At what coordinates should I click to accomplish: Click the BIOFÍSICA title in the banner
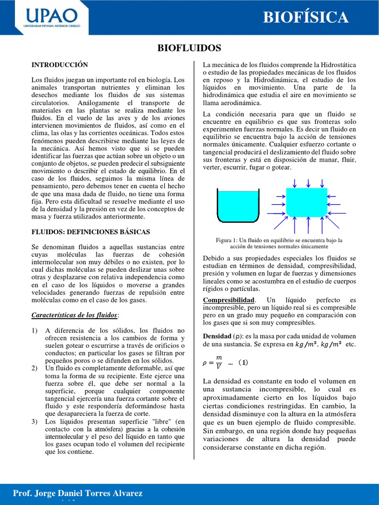click(305, 17)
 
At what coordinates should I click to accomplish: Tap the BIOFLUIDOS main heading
click(189, 48)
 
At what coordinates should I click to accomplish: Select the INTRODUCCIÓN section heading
click(60, 65)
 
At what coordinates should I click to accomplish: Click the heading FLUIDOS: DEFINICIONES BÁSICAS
click(91, 231)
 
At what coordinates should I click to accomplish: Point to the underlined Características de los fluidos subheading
click(75, 315)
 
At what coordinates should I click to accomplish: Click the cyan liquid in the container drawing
click(238, 207)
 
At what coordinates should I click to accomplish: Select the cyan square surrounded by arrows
click(306, 202)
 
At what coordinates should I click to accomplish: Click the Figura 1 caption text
click(279, 243)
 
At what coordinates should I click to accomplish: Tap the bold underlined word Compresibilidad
click(229, 300)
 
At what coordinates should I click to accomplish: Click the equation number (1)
click(243, 363)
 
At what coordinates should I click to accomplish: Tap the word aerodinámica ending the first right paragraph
click(239, 103)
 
